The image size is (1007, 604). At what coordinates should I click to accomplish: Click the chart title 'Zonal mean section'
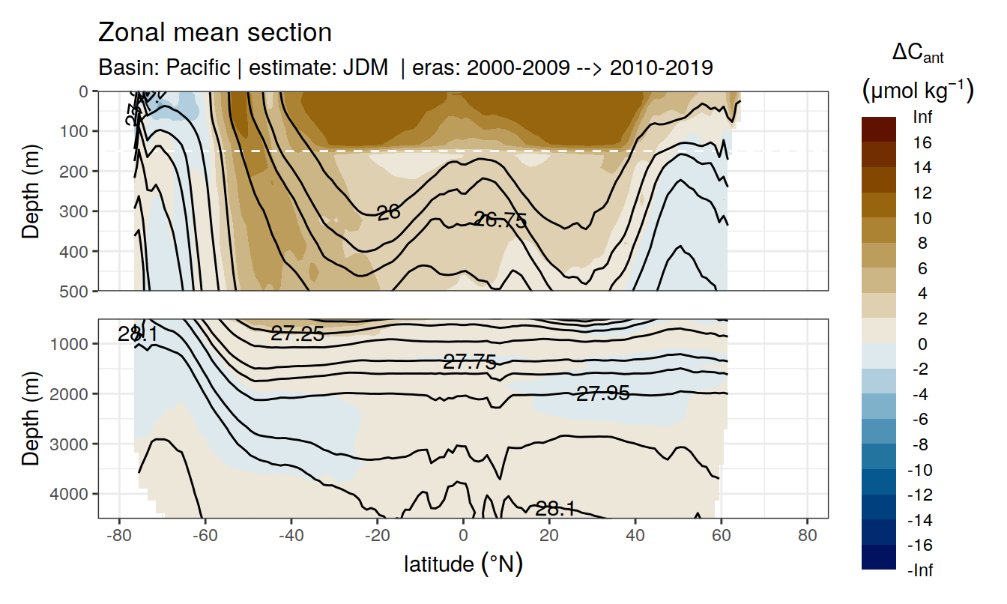coord(214,33)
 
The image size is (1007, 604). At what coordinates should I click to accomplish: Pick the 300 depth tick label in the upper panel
coord(73,211)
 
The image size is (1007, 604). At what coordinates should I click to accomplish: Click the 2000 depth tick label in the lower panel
coord(69,393)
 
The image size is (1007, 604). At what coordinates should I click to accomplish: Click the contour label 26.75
coord(501,220)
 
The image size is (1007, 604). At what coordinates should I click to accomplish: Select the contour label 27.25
coord(297,334)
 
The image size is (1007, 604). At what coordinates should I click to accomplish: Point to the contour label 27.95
coord(602,393)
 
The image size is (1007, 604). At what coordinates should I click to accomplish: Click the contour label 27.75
coord(470,363)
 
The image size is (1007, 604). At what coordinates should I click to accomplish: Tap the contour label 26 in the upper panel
coord(388,213)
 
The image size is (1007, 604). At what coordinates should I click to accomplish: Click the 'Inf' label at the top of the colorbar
coord(923,117)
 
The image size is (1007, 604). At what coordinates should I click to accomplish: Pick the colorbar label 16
coord(923,142)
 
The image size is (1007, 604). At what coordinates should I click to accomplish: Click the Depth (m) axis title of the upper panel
coord(31,190)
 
